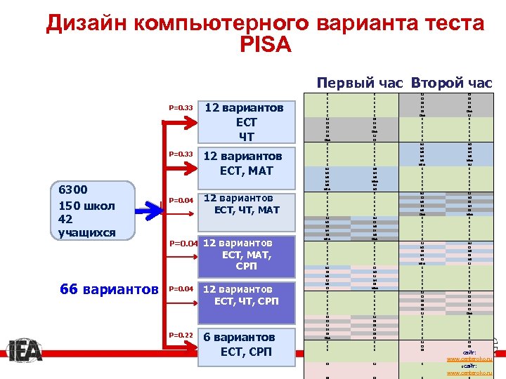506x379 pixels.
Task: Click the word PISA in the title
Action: coord(265,46)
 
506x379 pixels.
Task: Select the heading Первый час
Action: coord(359,83)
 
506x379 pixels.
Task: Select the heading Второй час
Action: coord(451,83)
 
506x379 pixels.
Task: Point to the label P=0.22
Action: coord(181,335)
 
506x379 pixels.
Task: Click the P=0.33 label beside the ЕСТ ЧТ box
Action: coord(181,108)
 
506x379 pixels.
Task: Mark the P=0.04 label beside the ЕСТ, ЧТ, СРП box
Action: coord(181,288)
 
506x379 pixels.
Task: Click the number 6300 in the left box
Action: coord(73,190)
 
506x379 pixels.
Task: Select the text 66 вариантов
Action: coord(110,290)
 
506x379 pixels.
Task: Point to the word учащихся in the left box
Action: coord(86,233)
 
